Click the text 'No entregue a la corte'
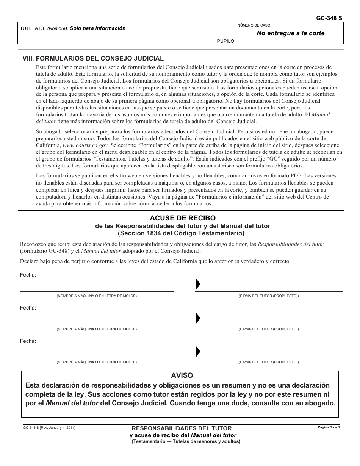(x=291, y=33)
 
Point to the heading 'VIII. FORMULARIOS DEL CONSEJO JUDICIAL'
(x=93, y=58)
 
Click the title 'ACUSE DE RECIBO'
(x=182, y=218)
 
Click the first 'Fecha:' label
(x=28, y=275)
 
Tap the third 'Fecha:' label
(x=28, y=341)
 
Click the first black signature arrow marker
(x=197, y=285)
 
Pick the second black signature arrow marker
(x=197, y=318)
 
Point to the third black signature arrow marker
(x=197, y=351)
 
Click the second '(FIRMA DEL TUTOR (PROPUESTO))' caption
(x=269, y=329)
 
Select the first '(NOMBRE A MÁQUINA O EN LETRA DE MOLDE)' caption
(x=97, y=296)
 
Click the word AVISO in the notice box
(x=182, y=375)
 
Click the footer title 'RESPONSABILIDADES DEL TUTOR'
(x=182, y=428)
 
